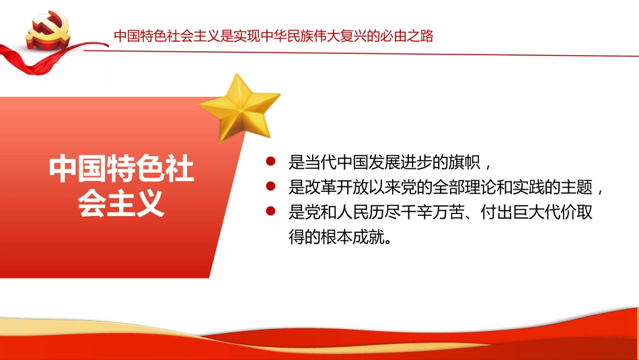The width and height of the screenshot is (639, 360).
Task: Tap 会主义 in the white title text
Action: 122,203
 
